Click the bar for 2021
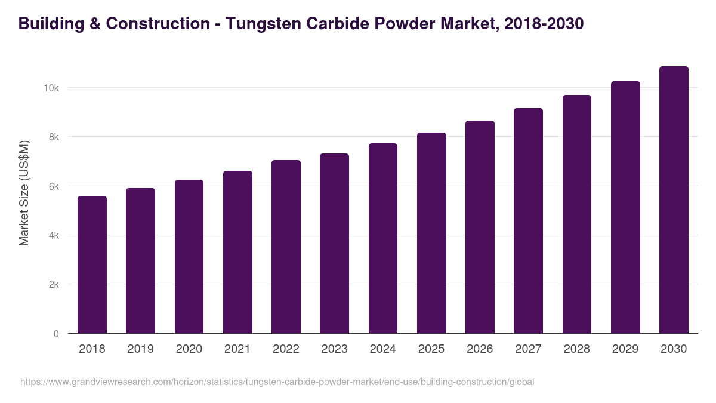237,252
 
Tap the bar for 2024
383,238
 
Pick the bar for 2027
528,221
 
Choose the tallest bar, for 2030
674,200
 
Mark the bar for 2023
334,244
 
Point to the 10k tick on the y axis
51,88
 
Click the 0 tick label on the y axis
56,334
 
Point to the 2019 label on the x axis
140,349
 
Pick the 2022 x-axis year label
286,349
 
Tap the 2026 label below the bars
480,349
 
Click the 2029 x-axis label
625,349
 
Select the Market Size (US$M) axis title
24,193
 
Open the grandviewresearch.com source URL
277,382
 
